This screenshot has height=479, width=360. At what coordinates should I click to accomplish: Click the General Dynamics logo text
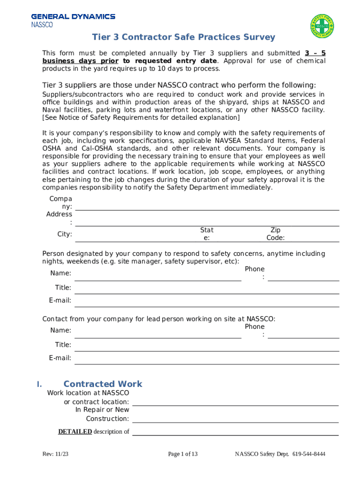[73, 16]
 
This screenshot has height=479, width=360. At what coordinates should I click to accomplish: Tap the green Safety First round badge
[322, 26]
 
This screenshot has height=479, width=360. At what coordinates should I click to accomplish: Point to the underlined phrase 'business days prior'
[80, 61]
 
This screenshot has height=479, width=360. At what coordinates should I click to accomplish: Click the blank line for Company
[207, 207]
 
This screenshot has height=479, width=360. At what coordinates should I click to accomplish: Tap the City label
[65, 234]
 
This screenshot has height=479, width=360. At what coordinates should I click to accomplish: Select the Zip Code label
[275, 233]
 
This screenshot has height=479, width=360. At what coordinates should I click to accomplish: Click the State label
[207, 233]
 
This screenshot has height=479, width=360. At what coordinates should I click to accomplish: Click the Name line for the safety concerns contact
[158, 276]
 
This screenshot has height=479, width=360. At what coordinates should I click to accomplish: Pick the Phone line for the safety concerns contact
[303, 277]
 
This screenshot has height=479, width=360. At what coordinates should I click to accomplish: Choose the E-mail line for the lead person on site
[207, 360]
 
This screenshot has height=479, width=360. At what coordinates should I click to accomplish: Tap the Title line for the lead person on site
[207, 347]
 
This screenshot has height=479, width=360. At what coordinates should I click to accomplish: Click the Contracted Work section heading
[103, 384]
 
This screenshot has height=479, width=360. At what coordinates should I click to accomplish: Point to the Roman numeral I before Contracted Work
[40, 384]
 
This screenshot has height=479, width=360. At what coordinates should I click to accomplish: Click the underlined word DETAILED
[75, 432]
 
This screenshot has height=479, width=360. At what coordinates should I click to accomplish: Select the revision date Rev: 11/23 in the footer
[55, 454]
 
